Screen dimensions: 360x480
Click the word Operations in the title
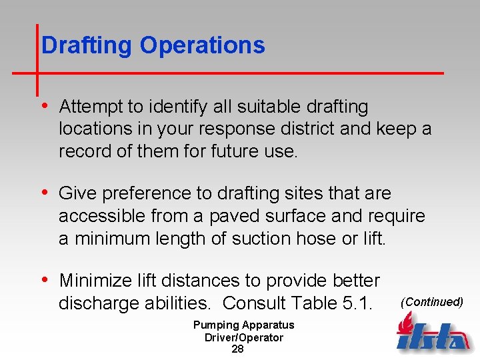pyautogui.click(x=202, y=46)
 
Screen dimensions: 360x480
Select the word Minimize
pyautogui.click(x=99, y=281)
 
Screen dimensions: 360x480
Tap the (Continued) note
pyautogui.click(x=431, y=302)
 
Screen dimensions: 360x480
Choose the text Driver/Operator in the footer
pyautogui.click(x=243, y=337)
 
